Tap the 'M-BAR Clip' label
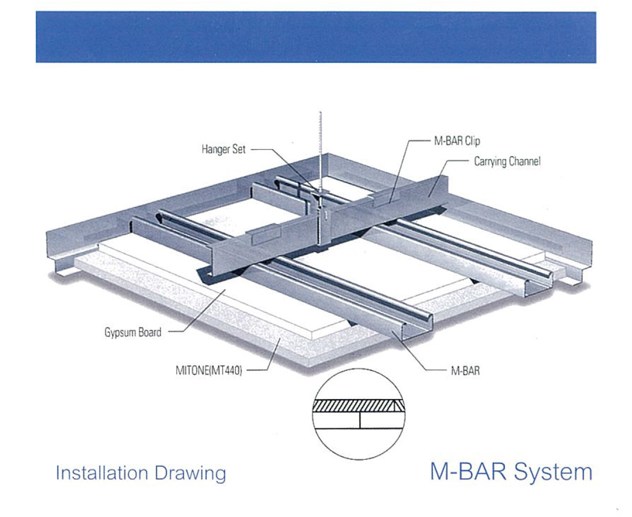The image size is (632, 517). point(457,141)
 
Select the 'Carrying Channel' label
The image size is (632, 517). point(507,161)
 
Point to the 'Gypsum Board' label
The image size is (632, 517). point(133,332)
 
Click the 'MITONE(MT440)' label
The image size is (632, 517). point(209,370)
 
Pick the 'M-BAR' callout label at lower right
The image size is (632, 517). point(465,371)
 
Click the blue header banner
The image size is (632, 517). point(316,37)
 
